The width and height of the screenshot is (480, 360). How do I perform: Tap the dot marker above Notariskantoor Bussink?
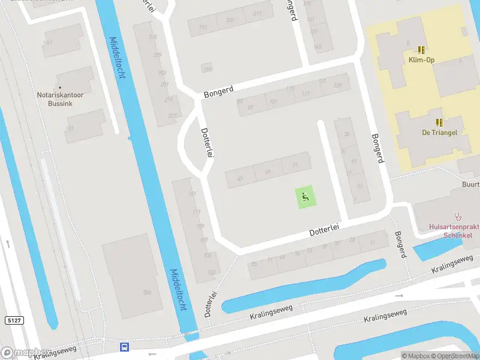click(x=60, y=88)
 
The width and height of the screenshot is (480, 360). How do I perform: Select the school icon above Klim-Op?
click(x=422, y=50)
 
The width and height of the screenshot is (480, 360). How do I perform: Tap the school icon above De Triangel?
click(x=439, y=121)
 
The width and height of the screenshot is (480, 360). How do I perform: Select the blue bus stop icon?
click(x=125, y=347)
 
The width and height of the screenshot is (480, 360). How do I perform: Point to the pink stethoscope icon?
click(x=459, y=216)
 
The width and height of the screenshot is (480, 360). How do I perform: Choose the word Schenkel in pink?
click(x=458, y=235)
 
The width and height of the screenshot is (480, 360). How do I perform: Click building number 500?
click(x=146, y=292)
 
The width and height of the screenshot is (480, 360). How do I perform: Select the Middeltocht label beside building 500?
click(x=178, y=289)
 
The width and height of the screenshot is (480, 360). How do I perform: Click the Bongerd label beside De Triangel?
click(x=377, y=148)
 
